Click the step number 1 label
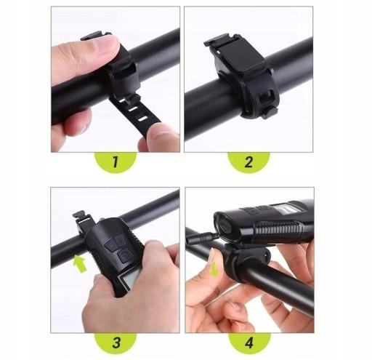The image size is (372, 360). coord(116,162)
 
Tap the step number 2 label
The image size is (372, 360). coord(248,162)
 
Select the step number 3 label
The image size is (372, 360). coord(116,343)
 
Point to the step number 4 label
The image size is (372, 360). coord(249,343)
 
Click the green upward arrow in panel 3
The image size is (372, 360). coord(79,264)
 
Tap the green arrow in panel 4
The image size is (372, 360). coord(214,270)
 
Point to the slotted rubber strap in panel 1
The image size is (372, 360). coord(136,111)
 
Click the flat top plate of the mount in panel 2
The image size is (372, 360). coord(240,55)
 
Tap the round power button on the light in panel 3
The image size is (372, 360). coord(124,256)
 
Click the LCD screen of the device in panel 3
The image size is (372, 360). coord(129,279)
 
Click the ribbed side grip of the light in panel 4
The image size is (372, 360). coord(278,229)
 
